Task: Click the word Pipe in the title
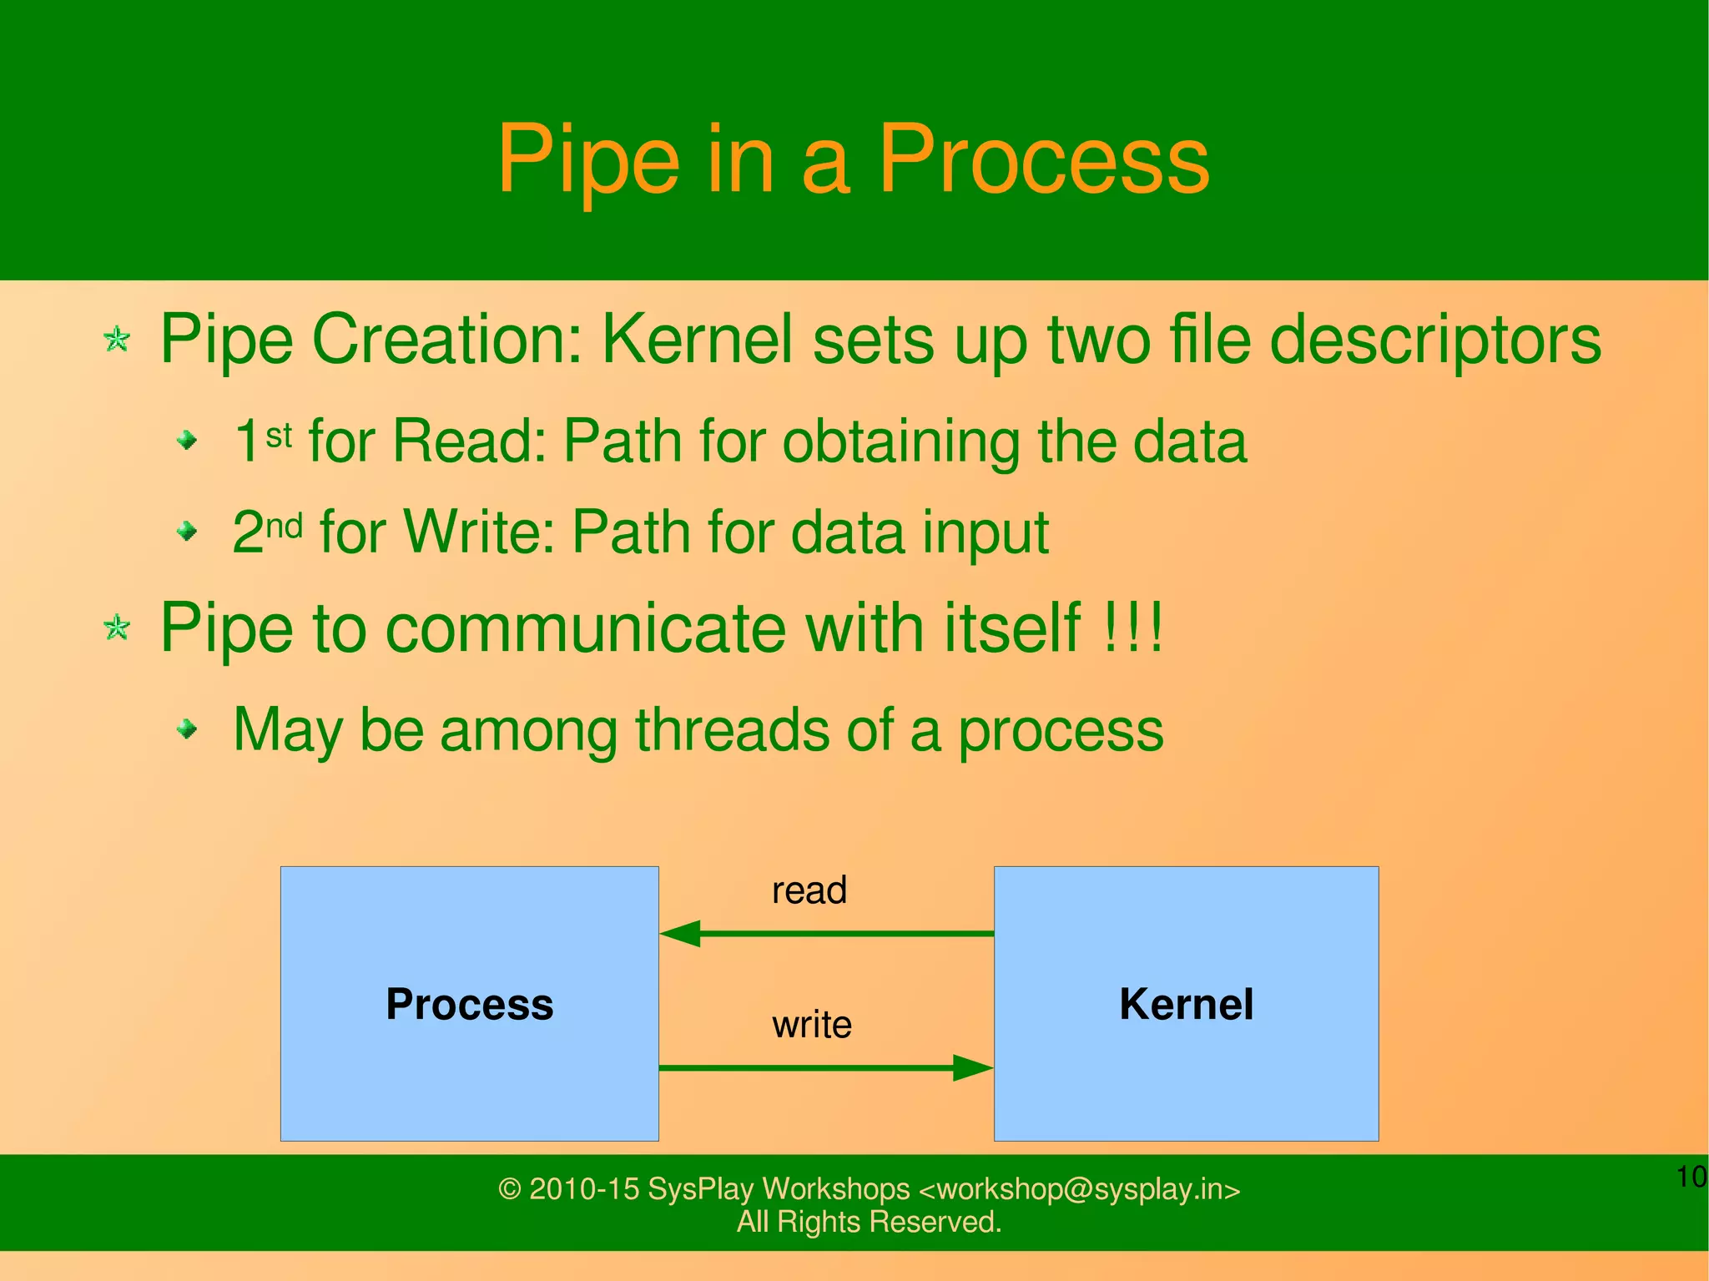tap(588, 160)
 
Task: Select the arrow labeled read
tap(826, 933)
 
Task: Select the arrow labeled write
tap(826, 1067)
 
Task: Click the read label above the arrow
tap(809, 890)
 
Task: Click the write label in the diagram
tap(811, 1025)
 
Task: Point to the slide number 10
tap(1691, 1178)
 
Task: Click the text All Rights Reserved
tap(869, 1222)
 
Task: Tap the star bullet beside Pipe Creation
tap(117, 339)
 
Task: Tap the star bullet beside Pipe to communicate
tap(117, 627)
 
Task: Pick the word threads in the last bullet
tap(730, 730)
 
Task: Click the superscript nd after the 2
tap(284, 526)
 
